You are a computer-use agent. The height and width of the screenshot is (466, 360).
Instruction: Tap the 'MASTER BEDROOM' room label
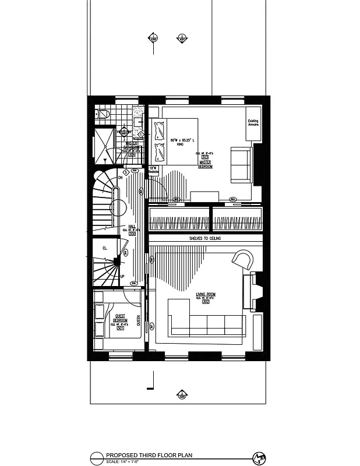pyautogui.click(x=204, y=164)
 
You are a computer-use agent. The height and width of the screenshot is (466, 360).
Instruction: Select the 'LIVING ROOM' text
pyautogui.click(x=206, y=295)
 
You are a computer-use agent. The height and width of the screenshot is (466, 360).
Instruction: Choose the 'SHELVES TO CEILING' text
pyautogui.click(x=204, y=239)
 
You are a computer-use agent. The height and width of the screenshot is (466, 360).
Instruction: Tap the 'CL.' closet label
pyautogui.click(x=105, y=248)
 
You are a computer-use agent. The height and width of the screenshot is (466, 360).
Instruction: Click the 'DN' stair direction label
pyautogui.click(x=120, y=177)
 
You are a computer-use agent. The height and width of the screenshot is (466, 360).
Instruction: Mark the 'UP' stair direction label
pyautogui.click(x=122, y=276)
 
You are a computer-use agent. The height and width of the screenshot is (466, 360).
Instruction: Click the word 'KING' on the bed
pyautogui.click(x=180, y=144)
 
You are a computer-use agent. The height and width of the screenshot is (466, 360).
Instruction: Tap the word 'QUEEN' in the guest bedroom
pyautogui.click(x=138, y=322)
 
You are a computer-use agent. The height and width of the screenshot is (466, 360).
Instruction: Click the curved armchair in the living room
pyautogui.click(x=243, y=259)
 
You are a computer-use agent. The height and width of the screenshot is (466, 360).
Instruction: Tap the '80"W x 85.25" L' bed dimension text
pyautogui.click(x=181, y=140)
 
